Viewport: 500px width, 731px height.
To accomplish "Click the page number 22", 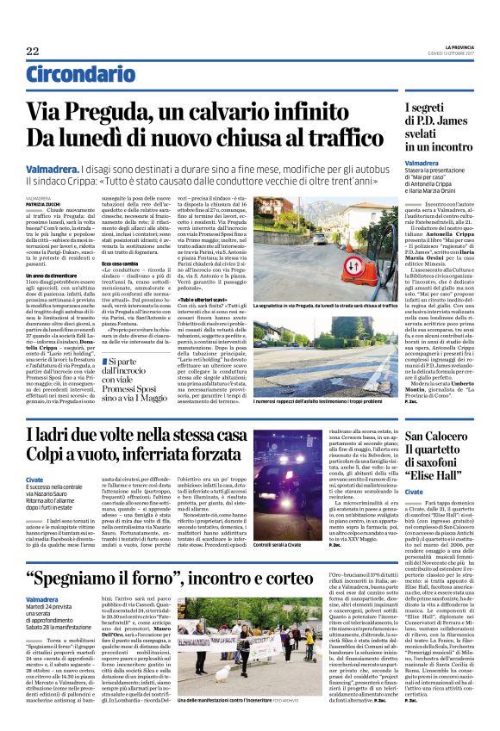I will (33, 51).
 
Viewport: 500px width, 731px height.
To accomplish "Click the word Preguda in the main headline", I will (117, 112).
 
